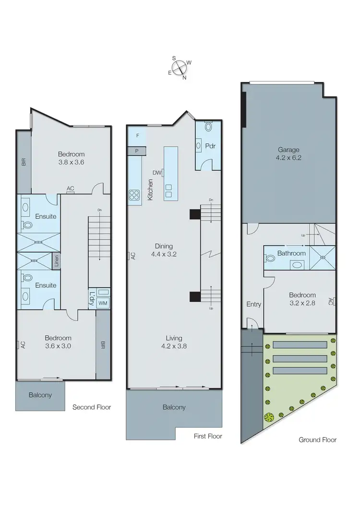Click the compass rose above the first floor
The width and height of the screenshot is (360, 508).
(x=180, y=68)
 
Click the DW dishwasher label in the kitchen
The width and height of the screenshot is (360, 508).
(x=156, y=172)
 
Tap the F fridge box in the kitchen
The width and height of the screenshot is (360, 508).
(x=137, y=136)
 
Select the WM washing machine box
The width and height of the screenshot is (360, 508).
(x=102, y=303)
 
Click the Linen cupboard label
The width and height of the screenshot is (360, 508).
(x=56, y=261)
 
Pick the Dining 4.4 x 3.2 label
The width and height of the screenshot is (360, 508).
(x=164, y=251)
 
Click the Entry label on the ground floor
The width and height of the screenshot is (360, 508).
(x=253, y=304)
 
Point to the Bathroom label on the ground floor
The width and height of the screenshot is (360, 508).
(x=291, y=253)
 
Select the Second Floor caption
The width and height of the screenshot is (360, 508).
(x=91, y=407)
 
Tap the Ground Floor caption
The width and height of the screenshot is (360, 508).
(x=317, y=439)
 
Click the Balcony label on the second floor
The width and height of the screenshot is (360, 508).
(x=40, y=395)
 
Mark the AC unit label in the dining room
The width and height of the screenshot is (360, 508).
(x=132, y=256)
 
